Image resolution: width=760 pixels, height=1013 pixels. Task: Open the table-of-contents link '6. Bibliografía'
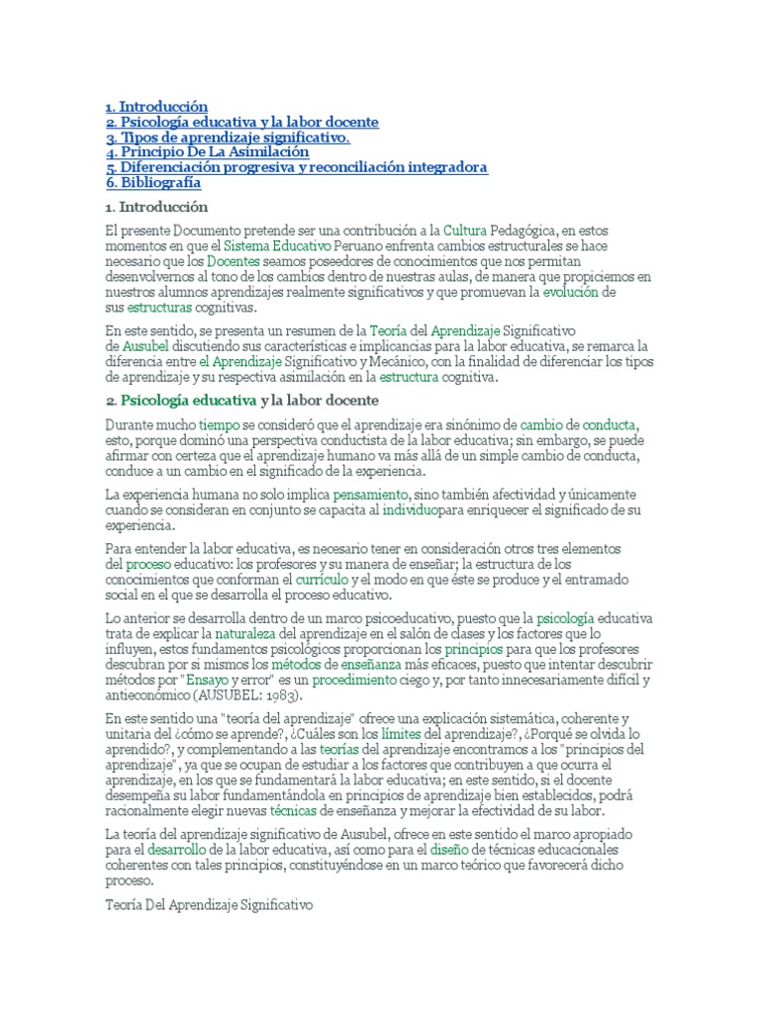153,183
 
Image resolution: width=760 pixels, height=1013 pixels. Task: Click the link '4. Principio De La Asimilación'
208,152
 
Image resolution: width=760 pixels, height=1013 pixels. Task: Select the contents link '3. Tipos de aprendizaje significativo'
228,138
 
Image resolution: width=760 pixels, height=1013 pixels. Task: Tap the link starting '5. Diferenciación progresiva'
297,168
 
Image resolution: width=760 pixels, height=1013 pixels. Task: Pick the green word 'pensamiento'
370,494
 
